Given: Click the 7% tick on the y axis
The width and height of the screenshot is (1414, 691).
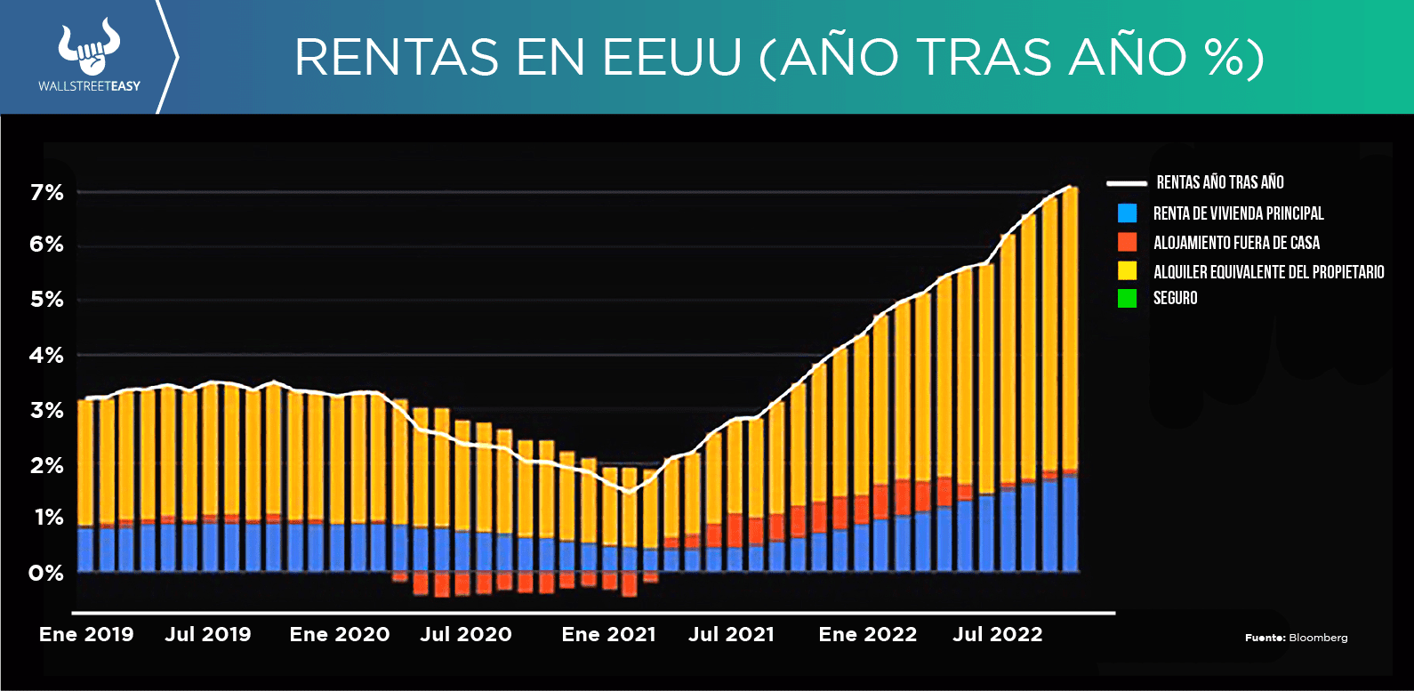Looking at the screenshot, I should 46,192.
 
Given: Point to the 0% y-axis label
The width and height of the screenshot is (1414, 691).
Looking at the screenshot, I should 46,574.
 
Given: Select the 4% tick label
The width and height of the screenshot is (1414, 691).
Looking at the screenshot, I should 46,356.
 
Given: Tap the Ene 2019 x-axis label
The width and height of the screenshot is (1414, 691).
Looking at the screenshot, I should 86,634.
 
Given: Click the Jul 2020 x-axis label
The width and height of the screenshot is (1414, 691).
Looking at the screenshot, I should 466,634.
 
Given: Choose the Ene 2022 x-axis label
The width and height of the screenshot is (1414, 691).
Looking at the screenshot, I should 867,634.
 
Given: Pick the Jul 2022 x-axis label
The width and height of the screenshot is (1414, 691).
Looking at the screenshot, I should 997,634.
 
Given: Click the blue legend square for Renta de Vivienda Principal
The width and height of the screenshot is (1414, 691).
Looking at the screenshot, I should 1127,213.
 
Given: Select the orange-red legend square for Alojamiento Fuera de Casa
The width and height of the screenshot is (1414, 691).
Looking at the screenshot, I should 1127,242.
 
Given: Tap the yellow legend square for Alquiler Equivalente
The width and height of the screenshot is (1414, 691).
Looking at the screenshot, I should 1127,271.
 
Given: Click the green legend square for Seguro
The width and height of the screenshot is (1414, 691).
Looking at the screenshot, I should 1127,299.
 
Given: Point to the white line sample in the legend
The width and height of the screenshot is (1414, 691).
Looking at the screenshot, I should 1126,183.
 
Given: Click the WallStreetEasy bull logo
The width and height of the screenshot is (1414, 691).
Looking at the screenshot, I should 89,49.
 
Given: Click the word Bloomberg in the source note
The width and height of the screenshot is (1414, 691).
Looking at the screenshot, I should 1318,638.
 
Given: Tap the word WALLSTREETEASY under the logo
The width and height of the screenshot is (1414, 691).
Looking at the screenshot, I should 89,86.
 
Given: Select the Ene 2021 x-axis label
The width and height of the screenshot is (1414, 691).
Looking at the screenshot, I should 608,634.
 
